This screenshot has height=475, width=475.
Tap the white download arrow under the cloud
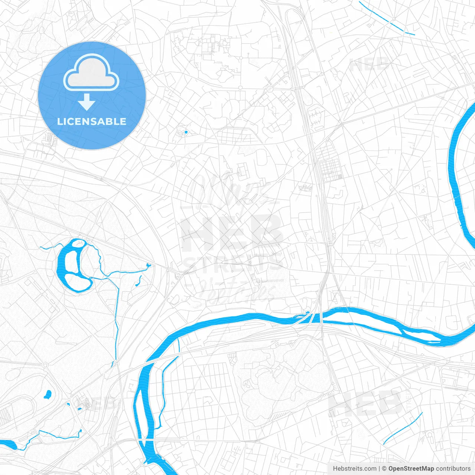click(86, 102)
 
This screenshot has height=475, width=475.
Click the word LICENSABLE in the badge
click(91, 121)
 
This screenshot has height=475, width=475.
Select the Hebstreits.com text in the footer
click(354, 469)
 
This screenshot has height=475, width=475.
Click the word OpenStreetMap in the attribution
click(411, 469)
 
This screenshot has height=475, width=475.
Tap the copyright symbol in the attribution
click(384, 469)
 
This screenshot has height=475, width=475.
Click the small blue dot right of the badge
click(186, 132)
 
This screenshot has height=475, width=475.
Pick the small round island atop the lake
click(78, 243)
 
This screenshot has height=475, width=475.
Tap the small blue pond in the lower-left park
click(47, 394)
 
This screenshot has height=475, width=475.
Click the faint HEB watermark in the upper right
click(369, 65)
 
